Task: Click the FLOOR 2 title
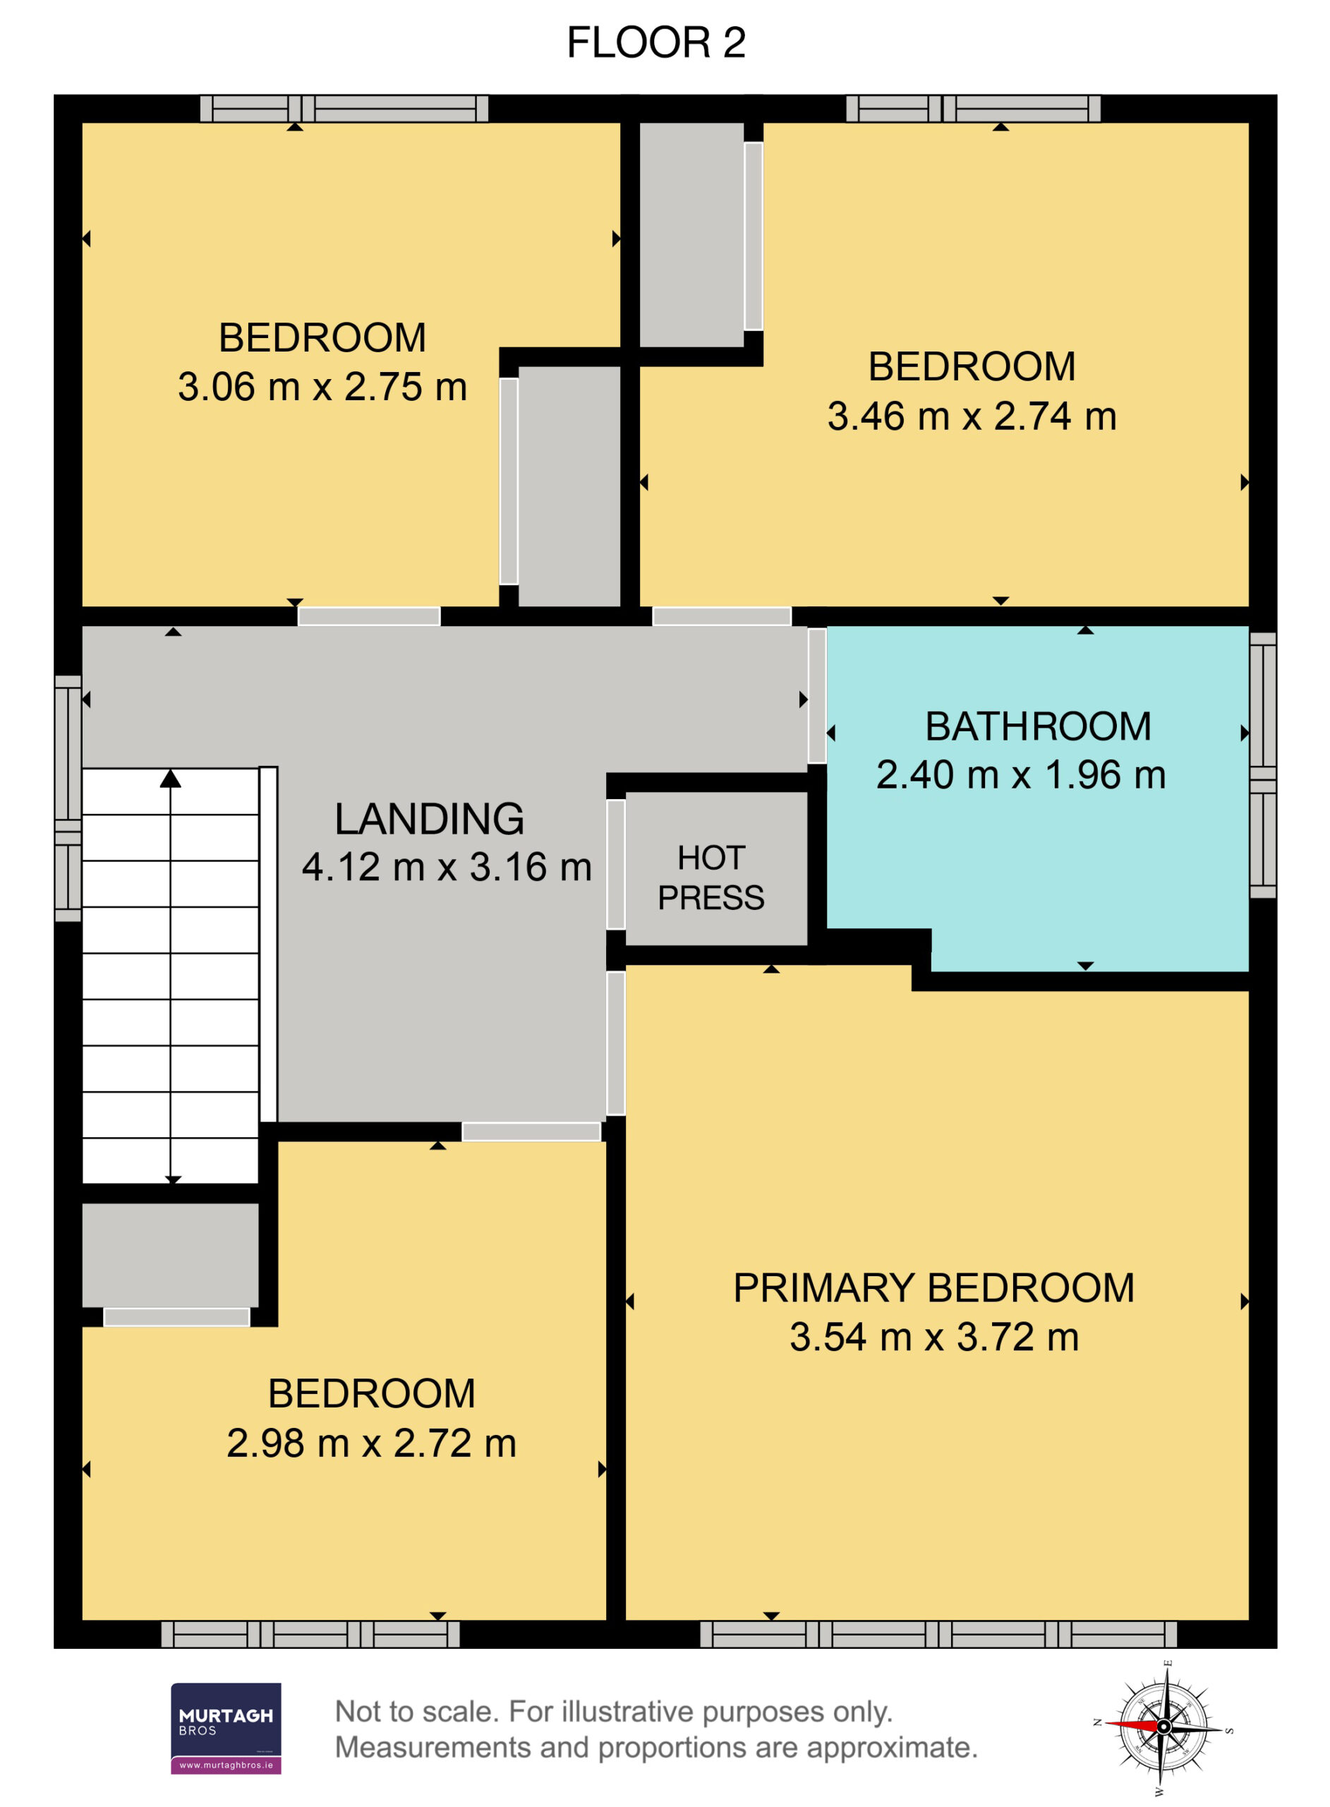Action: pyautogui.click(x=656, y=42)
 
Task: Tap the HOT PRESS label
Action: pyautogui.click(x=711, y=877)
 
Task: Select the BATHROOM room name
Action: pyautogui.click(x=1038, y=726)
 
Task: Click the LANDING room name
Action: pyautogui.click(x=429, y=818)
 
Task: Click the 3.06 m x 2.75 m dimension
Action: pyautogui.click(x=322, y=387)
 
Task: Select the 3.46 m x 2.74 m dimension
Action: pyautogui.click(x=972, y=416)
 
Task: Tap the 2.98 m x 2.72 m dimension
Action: pyautogui.click(x=371, y=1442)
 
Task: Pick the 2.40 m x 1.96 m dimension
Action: pyautogui.click(x=1021, y=774)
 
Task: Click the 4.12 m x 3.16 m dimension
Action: pyautogui.click(x=447, y=868)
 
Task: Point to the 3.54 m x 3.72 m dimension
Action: pyautogui.click(x=934, y=1337)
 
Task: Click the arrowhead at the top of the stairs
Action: pyautogui.click(x=170, y=778)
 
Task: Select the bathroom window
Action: pyautogui.click(x=1263, y=764)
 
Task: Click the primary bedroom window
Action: pyautogui.click(x=938, y=1634)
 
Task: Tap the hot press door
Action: pyautogui.click(x=616, y=864)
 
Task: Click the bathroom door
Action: pyautogui.click(x=817, y=696)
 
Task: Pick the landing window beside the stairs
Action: pyautogui.click(x=68, y=797)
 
